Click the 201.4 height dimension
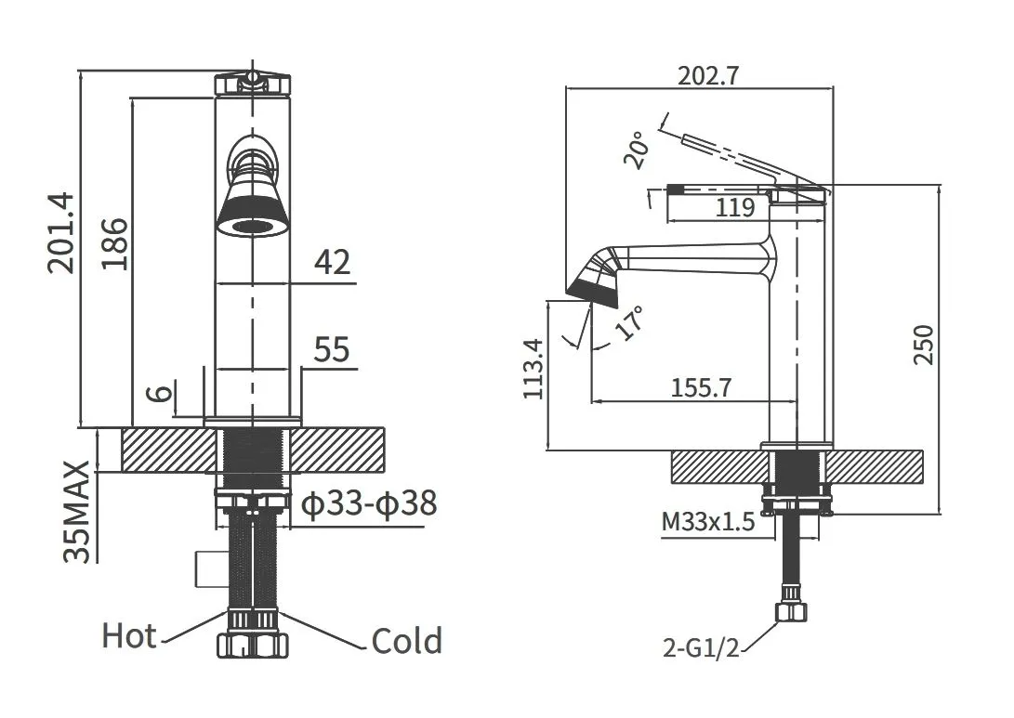[61, 232]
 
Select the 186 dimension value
[115, 243]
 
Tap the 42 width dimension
[333, 262]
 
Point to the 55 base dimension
[332, 349]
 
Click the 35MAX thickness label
[77, 512]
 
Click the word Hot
[129, 636]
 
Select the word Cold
[407, 641]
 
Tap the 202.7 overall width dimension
[708, 76]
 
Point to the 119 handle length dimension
[735, 207]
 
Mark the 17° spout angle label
[629, 322]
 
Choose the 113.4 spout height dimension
[534, 369]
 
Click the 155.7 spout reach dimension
[701, 387]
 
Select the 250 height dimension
[925, 346]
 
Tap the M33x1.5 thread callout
[708, 521]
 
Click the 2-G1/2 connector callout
[701, 646]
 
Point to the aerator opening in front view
[252, 227]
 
